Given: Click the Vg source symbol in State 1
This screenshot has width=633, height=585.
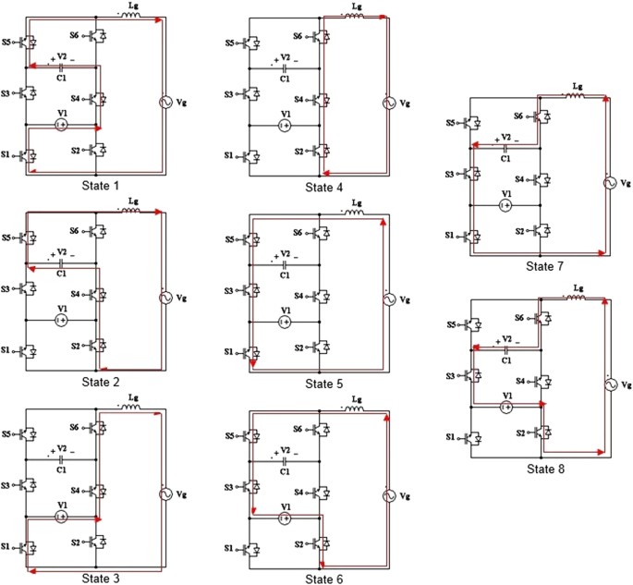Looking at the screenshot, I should pyautogui.click(x=166, y=103).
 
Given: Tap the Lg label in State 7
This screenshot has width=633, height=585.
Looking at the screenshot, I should pyautogui.click(x=578, y=86).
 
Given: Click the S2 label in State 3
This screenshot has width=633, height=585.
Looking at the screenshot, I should pyautogui.click(x=77, y=542).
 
